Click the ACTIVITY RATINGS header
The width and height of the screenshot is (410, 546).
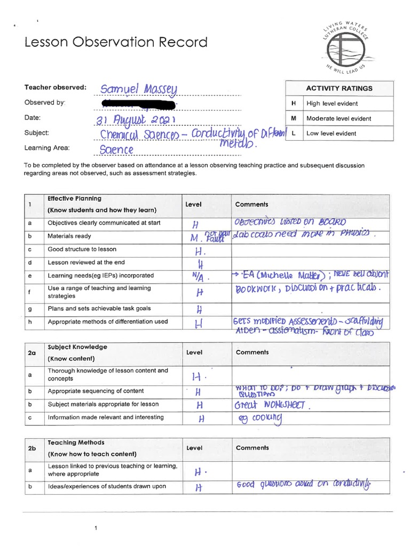point(339,89)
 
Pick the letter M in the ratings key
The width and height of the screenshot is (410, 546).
point(293,118)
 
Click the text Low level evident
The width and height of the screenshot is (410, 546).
point(331,133)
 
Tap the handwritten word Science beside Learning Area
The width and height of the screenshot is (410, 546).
point(116,150)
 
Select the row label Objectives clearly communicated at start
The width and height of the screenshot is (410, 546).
point(103,223)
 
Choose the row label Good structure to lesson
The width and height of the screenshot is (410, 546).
point(82,249)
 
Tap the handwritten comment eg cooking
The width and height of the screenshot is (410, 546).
point(259,419)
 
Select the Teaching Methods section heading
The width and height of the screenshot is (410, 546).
point(76,443)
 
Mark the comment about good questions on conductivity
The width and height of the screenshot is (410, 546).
point(303,485)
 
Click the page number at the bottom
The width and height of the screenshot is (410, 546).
point(96,528)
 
